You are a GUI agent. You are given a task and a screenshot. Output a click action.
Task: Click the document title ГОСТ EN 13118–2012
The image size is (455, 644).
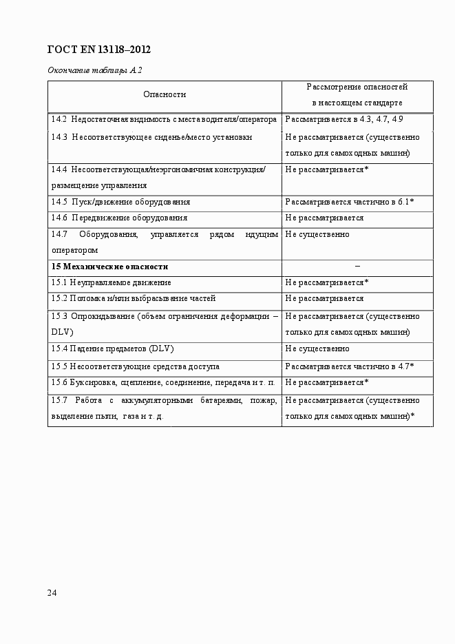[98, 50]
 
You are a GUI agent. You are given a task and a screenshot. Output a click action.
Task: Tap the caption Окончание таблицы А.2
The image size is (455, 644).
[94, 70]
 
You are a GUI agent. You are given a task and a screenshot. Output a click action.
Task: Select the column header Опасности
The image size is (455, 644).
[165, 94]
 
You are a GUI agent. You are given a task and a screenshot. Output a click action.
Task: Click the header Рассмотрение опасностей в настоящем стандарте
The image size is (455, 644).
[357, 95]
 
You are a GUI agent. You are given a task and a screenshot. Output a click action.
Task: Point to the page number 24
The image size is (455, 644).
[52, 592]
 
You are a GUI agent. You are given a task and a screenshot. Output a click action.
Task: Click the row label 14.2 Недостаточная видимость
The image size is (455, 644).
[164, 120]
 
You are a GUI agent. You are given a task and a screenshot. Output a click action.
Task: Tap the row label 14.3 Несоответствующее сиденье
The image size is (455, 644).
[151, 137]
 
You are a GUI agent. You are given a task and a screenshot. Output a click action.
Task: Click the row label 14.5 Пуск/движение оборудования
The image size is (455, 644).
[121, 202]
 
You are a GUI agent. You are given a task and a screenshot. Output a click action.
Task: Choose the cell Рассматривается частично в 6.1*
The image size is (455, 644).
[349, 202]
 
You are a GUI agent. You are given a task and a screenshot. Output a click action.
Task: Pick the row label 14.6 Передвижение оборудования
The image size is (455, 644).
[119, 218]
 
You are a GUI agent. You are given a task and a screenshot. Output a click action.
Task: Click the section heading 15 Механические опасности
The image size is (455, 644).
[109, 267]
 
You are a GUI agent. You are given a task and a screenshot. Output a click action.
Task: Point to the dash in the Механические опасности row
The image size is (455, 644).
[357, 267]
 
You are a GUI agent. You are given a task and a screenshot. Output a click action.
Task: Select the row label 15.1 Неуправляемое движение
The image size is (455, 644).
[112, 282]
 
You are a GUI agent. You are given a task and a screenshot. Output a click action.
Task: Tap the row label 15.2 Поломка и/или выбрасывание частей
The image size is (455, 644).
[134, 299]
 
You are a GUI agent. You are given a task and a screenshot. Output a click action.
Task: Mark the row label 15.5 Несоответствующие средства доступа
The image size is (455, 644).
[136, 366]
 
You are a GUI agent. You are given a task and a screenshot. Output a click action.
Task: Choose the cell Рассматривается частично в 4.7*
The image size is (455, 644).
[349, 366]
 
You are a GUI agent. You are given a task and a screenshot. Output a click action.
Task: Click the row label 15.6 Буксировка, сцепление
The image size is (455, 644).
[163, 382]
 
